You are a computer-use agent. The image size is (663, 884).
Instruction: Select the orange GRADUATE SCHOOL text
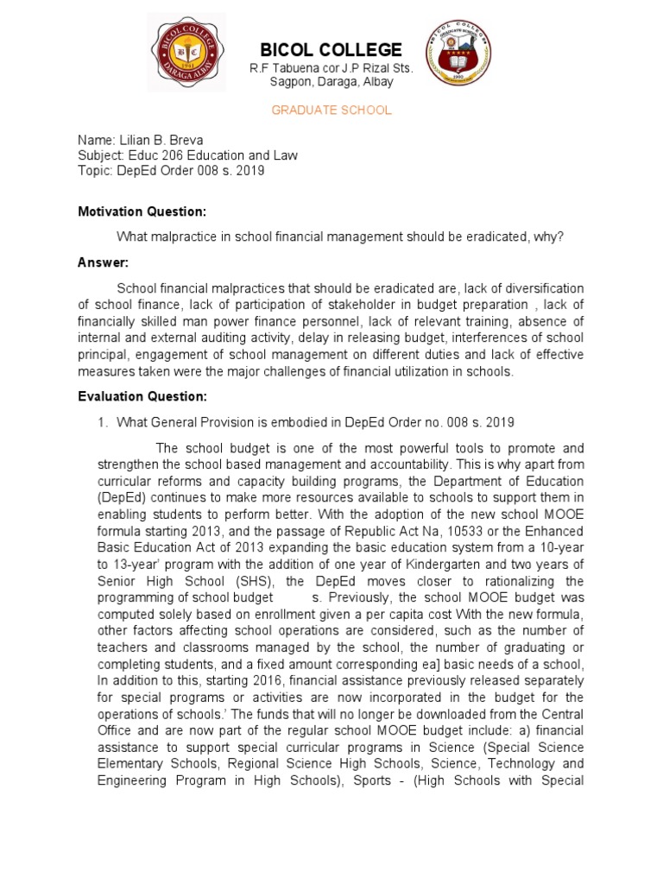[331, 110]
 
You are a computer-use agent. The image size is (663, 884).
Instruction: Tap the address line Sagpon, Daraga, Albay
[331, 82]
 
